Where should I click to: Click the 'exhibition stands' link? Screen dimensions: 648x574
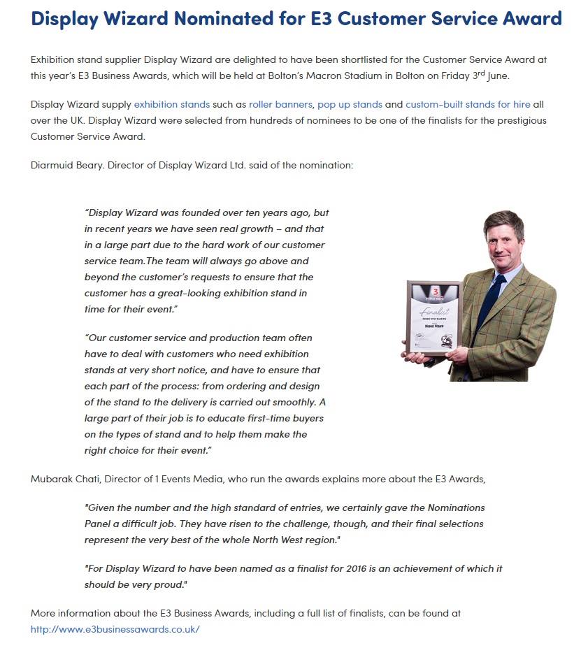click(171, 105)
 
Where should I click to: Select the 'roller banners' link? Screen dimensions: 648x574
click(280, 105)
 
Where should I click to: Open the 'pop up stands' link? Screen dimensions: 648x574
click(350, 105)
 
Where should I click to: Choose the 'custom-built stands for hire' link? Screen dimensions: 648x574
click(468, 105)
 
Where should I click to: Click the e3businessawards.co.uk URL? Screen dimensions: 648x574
click(115, 629)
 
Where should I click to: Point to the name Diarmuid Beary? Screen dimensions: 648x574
click(67, 166)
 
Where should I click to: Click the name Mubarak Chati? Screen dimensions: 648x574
click(67, 479)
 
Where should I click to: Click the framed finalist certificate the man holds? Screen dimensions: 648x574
click(433, 318)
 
